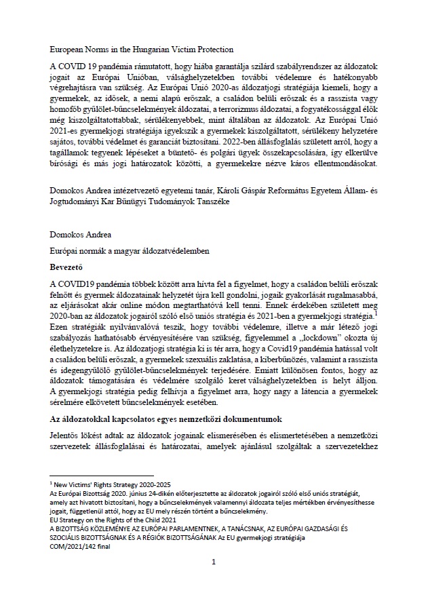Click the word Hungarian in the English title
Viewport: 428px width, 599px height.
point(149,50)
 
